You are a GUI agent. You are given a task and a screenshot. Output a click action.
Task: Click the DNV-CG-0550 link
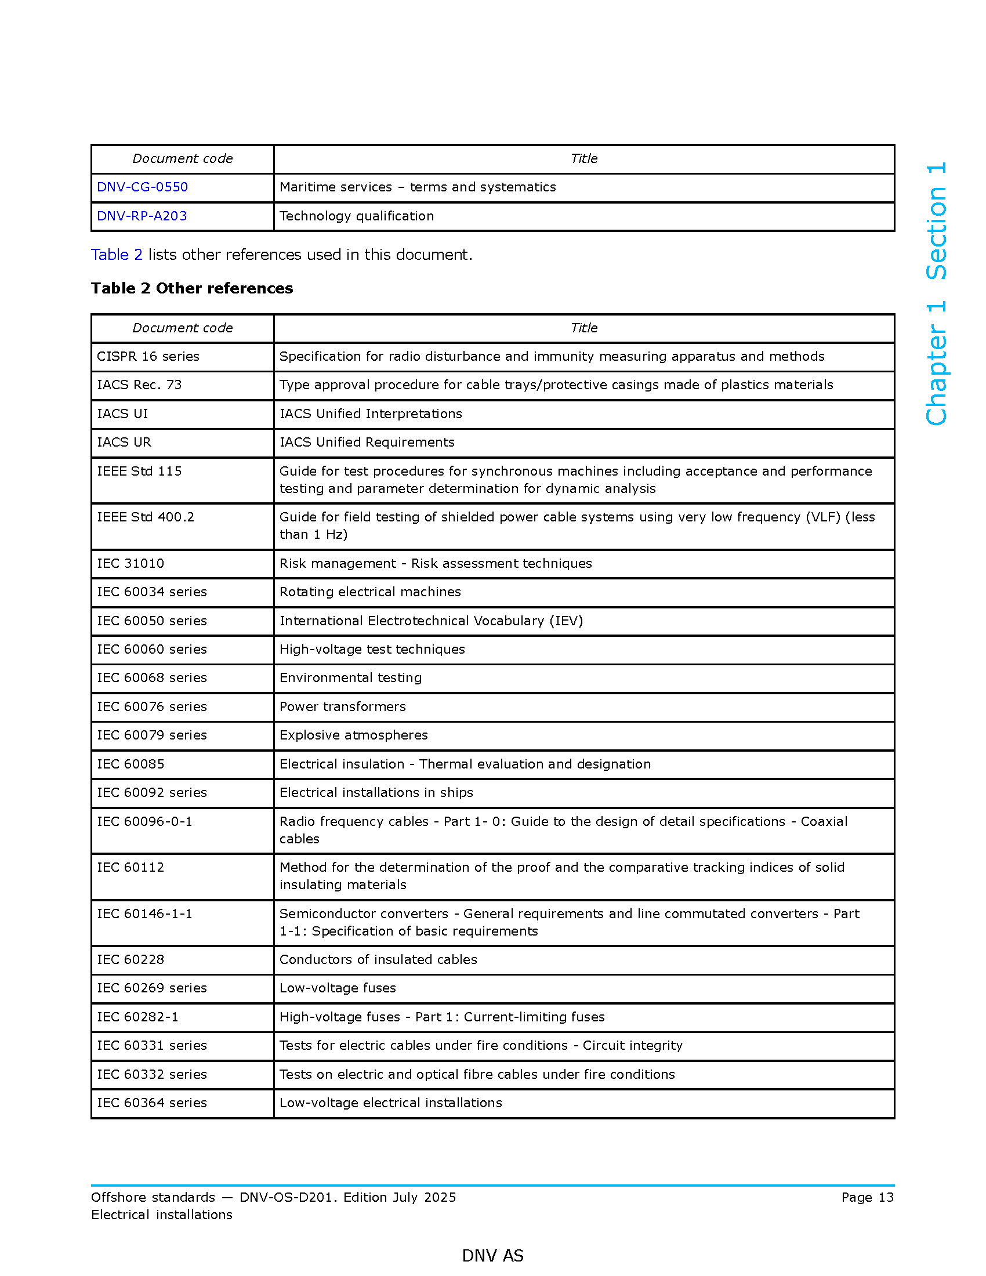pyautogui.click(x=142, y=187)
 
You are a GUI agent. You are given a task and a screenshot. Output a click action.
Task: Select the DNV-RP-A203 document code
pyautogui.click(x=142, y=216)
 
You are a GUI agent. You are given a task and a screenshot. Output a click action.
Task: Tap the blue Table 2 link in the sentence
pyautogui.click(x=117, y=255)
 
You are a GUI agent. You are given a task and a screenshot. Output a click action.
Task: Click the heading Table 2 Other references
pyautogui.click(x=191, y=288)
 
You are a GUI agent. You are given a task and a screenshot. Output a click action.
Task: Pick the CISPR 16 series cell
pyautogui.click(x=148, y=356)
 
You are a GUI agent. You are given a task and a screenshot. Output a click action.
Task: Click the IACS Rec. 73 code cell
pyautogui.click(x=139, y=385)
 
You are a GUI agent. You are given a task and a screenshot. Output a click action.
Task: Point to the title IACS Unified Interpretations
pyautogui.click(x=371, y=414)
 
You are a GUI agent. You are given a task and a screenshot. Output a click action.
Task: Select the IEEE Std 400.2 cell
pyautogui.click(x=146, y=517)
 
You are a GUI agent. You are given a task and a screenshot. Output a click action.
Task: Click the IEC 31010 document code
pyautogui.click(x=130, y=563)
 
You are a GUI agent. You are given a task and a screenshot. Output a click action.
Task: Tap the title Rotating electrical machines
pyautogui.click(x=370, y=592)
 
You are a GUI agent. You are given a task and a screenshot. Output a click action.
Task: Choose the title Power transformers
pyautogui.click(x=342, y=706)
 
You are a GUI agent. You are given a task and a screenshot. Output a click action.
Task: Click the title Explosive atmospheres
pyautogui.click(x=353, y=735)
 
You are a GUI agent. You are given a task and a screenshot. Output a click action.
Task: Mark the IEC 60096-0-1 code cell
pyautogui.click(x=144, y=821)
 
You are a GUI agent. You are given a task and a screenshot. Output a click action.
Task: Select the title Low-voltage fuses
pyautogui.click(x=338, y=988)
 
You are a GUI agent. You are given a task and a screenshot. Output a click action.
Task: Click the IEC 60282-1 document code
pyautogui.click(x=137, y=1017)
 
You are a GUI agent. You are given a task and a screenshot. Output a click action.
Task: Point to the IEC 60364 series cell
pyautogui.click(x=152, y=1103)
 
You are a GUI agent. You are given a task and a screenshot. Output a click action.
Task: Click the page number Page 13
pyautogui.click(x=867, y=1197)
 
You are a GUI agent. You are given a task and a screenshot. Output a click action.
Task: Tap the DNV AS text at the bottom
pyautogui.click(x=492, y=1256)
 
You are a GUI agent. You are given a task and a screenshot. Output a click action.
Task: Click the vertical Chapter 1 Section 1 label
pyautogui.click(x=936, y=293)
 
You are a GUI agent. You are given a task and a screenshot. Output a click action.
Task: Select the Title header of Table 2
pyautogui.click(x=583, y=328)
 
